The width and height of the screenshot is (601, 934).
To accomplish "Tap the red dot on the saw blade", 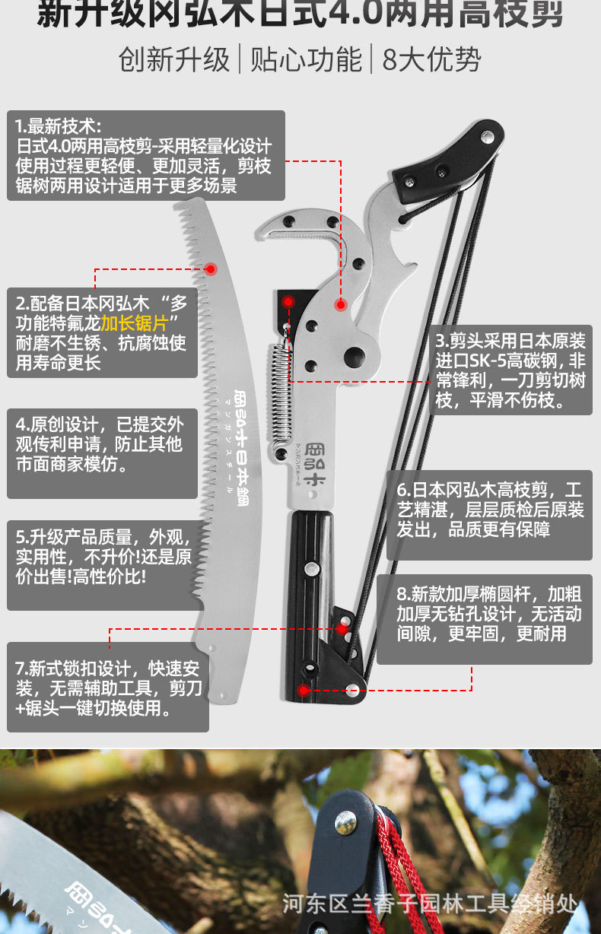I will coord(211,268).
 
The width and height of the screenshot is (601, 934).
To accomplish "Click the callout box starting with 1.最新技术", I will coord(145,156).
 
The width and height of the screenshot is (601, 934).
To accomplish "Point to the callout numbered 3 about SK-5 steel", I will coord(510,370).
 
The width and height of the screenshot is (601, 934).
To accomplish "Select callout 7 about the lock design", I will coord(107,687).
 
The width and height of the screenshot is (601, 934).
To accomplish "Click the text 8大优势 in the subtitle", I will coord(431,60).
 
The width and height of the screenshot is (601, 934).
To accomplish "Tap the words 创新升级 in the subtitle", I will coord(174,60).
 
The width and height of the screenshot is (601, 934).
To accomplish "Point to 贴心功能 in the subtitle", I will coord(306,60).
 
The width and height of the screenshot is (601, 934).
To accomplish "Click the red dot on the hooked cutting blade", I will coord(341,304).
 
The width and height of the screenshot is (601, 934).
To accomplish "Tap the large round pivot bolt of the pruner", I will coord(354,355).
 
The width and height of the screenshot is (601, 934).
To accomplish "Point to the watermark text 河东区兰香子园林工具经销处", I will coord(430,904).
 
